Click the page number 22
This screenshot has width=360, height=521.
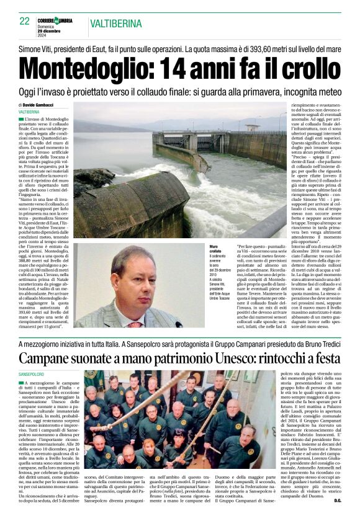click(25, 21)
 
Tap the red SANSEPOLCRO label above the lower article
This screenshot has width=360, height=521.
click(32, 375)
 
